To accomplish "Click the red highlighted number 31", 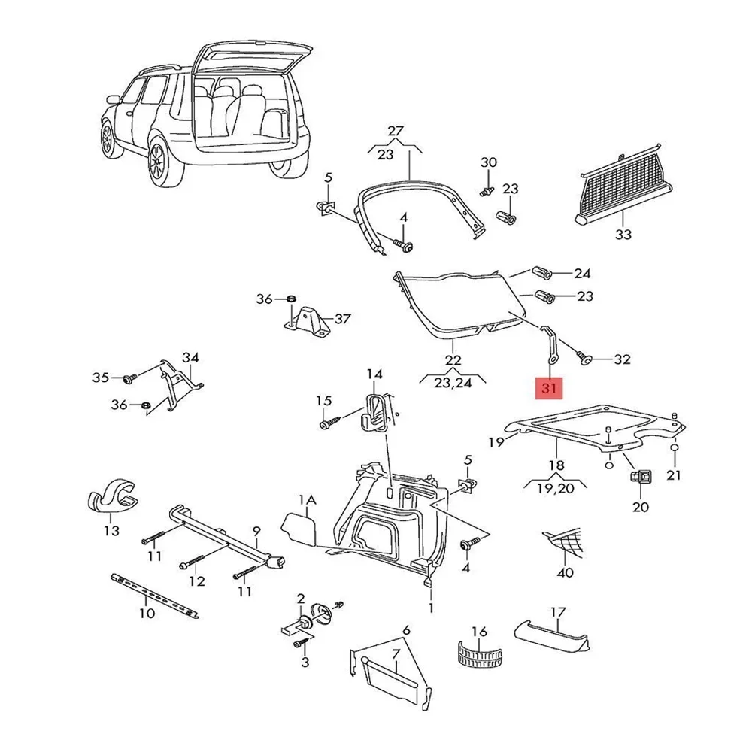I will click(x=547, y=388).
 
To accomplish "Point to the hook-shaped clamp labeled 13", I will click(x=112, y=496).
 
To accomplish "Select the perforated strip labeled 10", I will click(x=155, y=595).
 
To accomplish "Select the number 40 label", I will click(x=565, y=572).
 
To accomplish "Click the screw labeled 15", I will click(x=331, y=423).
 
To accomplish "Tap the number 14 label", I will click(x=374, y=374).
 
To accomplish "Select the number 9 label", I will click(x=256, y=531).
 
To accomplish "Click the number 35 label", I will click(x=101, y=378).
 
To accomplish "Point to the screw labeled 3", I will click(x=300, y=645).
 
